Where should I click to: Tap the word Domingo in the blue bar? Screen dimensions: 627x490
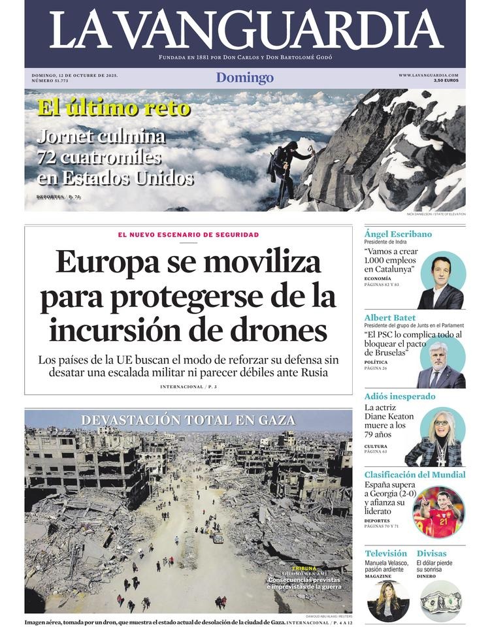point(245,78)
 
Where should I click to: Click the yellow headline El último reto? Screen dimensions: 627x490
point(114,107)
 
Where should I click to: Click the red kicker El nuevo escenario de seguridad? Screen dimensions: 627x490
point(188,234)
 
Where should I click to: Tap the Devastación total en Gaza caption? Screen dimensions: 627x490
point(188,420)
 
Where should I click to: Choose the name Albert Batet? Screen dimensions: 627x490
point(389,318)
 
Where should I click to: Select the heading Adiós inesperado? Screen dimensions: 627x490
point(400,396)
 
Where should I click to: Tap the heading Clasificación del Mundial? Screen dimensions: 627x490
point(415,475)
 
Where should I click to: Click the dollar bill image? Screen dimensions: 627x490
point(441,600)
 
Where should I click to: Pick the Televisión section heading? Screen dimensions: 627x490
point(385,553)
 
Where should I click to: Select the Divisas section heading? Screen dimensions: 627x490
point(431,553)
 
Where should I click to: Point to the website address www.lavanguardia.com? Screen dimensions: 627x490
point(428,75)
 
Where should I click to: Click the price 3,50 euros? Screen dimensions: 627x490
point(446,80)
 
